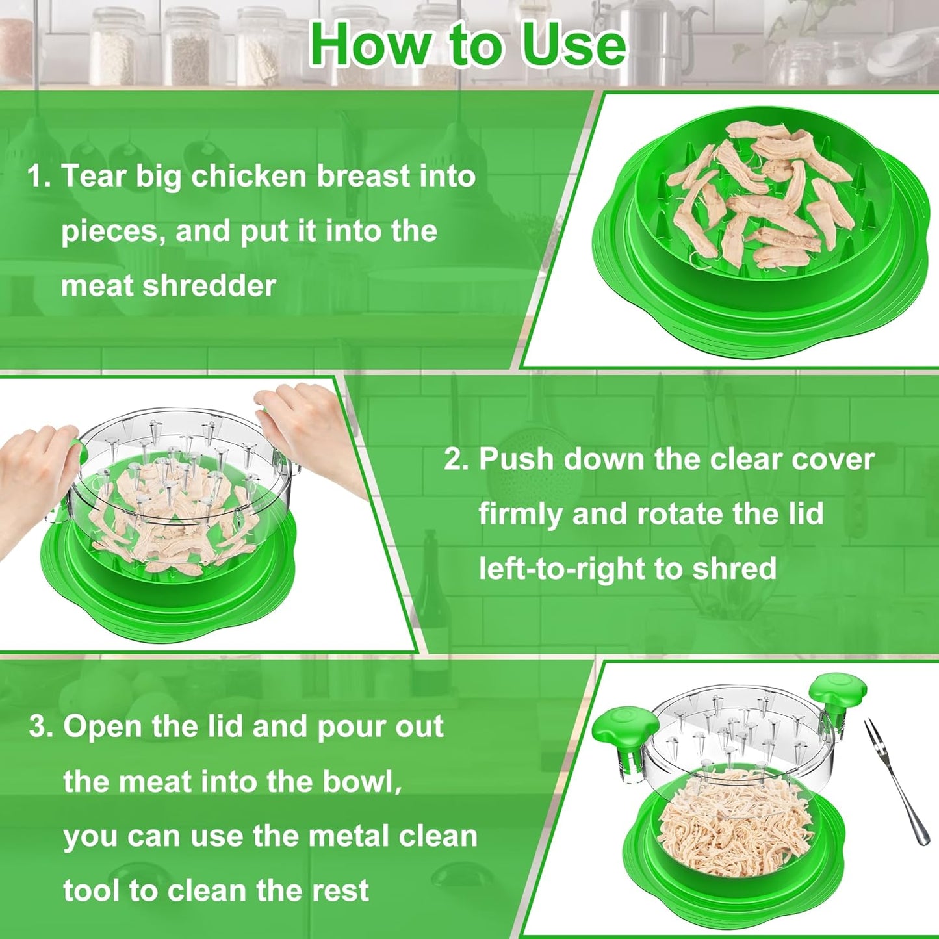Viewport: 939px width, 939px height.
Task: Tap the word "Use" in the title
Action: click(x=574, y=44)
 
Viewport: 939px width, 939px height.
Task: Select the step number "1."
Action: click(x=39, y=176)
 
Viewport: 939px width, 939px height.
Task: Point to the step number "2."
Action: click(x=456, y=459)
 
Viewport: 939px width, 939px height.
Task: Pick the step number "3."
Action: click(x=42, y=726)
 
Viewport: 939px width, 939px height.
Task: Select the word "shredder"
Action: click(x=209, y=286)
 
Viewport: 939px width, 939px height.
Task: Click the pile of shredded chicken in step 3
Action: click(x=734, y=819)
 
